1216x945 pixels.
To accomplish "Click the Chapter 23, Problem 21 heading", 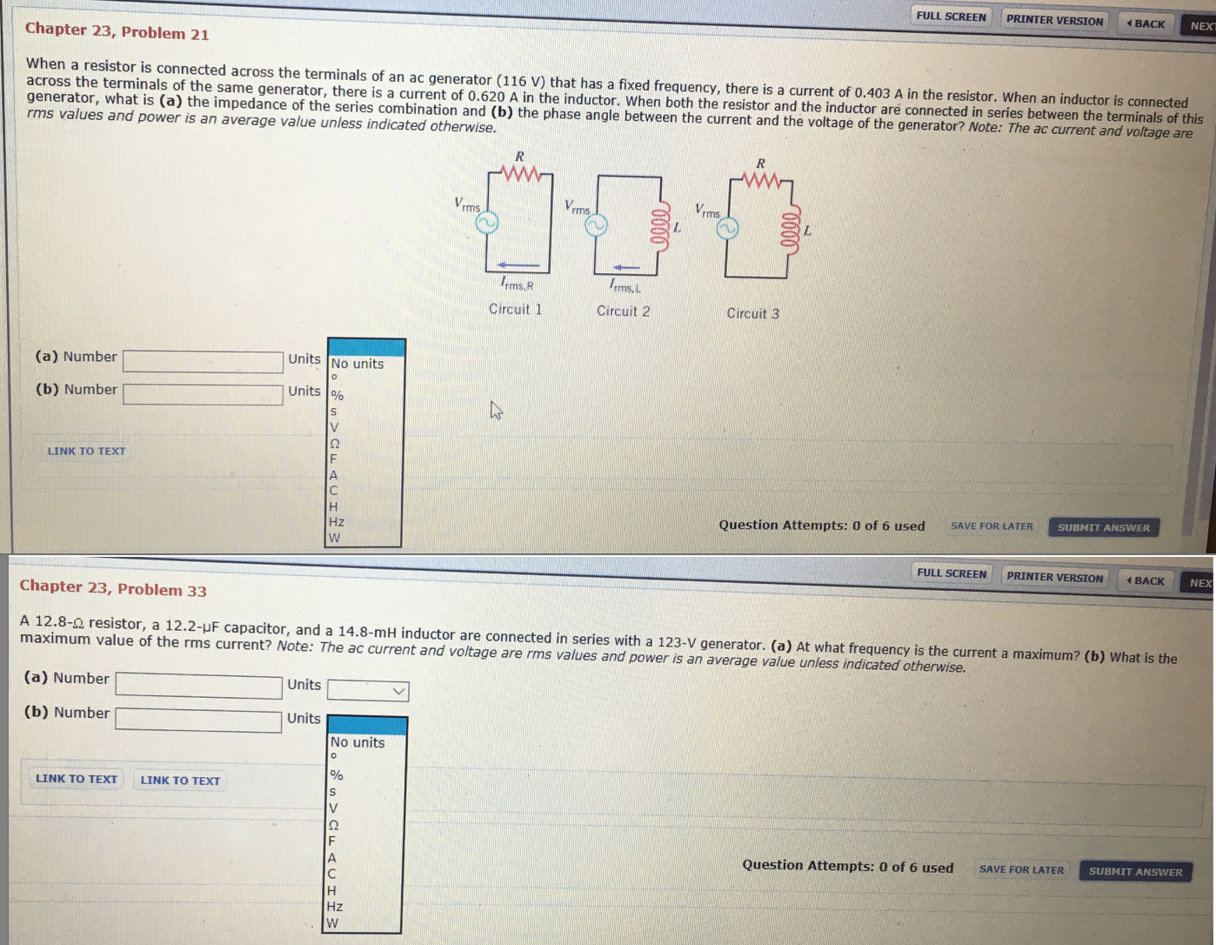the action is tap(117, 31).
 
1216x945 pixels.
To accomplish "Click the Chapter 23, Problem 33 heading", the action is tap(113, 588).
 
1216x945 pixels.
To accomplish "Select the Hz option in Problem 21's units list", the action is tap(337, 522).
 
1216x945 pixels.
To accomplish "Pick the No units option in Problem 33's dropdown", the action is tap(357, 742).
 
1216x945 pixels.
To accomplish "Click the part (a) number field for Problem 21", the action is tap(204, 362).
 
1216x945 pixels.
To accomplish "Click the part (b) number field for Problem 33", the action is tap(198, 720).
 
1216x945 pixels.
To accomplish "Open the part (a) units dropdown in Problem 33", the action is tap(368, 691).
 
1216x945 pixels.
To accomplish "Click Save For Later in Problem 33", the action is tap(1021, 869).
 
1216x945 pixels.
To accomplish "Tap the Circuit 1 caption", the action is tap(516, 309).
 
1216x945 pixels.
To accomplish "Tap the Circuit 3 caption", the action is tap(752, 313).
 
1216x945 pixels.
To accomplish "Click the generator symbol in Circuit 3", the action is tap(727, 228).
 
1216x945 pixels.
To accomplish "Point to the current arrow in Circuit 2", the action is tap(625, 268).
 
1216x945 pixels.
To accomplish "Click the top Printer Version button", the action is tap(1055, 21).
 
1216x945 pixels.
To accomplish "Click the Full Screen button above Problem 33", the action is tap(952, 573).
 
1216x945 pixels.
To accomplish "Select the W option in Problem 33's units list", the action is tap(332, 923).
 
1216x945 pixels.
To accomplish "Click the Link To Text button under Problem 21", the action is tap(87, 452).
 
